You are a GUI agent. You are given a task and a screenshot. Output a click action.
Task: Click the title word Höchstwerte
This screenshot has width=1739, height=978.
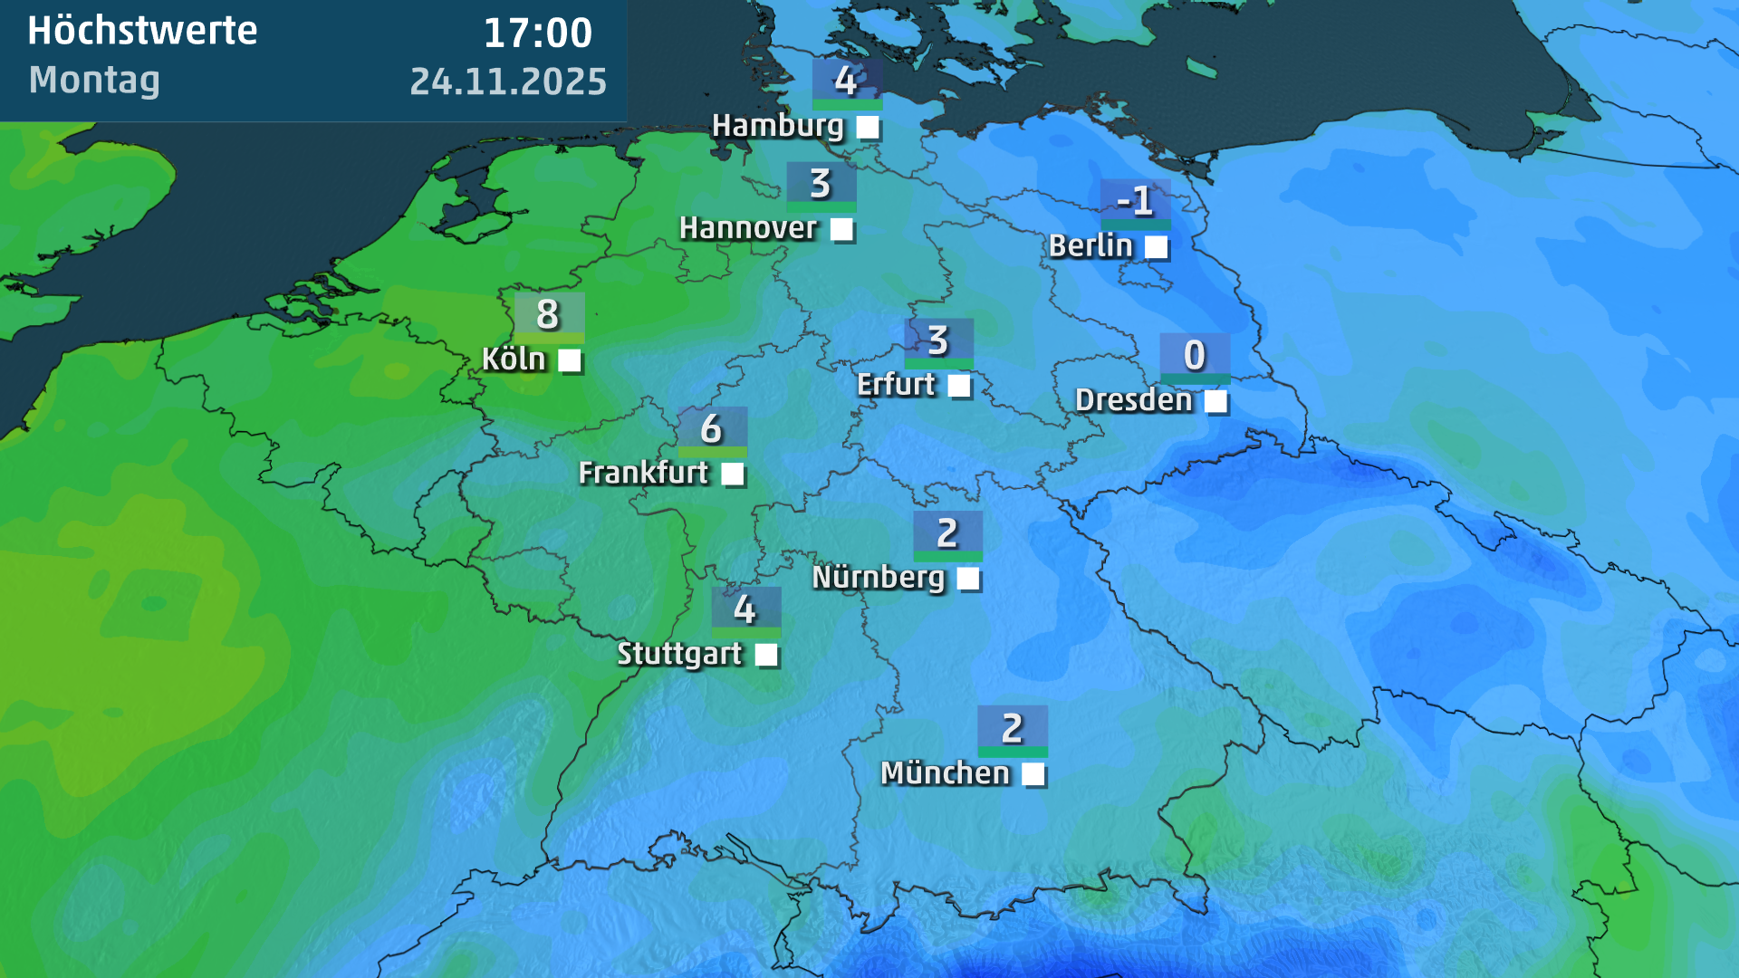[x=142, y=31]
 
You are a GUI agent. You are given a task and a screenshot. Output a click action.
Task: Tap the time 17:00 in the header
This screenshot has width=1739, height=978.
[x=537, y=34]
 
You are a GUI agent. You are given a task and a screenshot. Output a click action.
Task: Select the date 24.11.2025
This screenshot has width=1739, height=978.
[x=508, y=81]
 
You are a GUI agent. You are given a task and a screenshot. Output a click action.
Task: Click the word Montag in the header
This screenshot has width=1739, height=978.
[x=94, y=80]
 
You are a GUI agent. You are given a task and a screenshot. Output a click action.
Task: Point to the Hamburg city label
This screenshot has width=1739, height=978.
[x=777, y=125]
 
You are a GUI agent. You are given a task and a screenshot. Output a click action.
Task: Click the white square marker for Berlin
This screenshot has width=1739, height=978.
[x=1156, y=246]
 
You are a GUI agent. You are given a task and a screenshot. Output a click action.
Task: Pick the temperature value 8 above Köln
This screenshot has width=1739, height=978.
[x=549, y=314]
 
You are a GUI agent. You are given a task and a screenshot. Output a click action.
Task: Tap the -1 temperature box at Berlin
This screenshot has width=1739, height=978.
[x=1135, y=201]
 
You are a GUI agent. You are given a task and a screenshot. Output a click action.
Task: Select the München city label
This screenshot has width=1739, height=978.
[x=945, y=773]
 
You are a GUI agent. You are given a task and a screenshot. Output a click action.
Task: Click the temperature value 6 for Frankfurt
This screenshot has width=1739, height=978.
[x=712, y=428]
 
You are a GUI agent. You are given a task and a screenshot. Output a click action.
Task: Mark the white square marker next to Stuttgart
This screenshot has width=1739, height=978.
[x=766, y=655]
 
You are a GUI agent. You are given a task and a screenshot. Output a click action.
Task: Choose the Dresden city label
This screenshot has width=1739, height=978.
[x=1133, y=399]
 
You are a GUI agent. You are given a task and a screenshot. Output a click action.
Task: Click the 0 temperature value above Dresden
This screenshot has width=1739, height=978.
[x=1195, y=355]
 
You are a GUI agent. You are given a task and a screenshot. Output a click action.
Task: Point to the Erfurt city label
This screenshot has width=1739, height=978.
[x=896, y=384]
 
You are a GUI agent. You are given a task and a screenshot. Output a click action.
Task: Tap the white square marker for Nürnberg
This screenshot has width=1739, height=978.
[x=968, y=578]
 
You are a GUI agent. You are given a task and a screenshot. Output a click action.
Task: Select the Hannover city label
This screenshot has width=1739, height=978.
[x=748, y=228]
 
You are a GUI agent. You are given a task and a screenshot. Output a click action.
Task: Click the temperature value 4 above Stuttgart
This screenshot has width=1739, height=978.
[x=745, y=609]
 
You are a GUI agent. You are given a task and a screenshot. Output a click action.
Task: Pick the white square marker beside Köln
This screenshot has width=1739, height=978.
[x=569, y=360]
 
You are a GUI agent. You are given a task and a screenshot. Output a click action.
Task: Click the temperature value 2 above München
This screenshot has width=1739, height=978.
[x=1013, y=728]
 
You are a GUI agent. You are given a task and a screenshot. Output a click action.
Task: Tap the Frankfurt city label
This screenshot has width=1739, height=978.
[x=643, y=472]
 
